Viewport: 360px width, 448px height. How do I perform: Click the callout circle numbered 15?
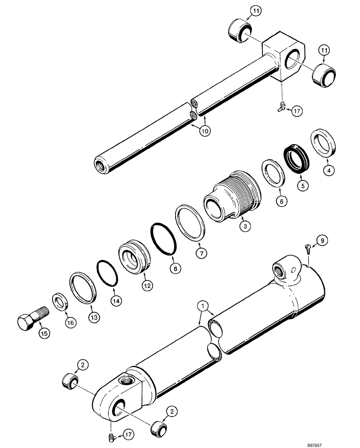pos(46,333)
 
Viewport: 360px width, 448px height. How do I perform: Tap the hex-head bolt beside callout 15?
pos(30,319)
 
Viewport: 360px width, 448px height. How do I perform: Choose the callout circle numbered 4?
pos(330,170)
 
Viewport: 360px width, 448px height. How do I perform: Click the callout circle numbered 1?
pos(204,306)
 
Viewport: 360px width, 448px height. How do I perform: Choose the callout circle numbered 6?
pos(281,202)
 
